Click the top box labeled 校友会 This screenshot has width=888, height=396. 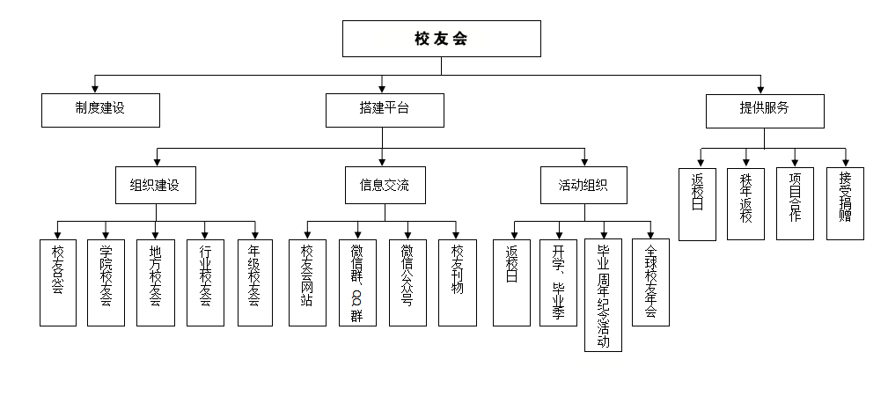(441, 39)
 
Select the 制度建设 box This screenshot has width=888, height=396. (100, 110)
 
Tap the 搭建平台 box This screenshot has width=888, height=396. (385, 110)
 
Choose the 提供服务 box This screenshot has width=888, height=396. (765, 110)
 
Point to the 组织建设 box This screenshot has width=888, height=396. (156, 186)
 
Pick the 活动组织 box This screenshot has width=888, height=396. (583, 186)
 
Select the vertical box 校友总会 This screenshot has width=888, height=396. (58, 282)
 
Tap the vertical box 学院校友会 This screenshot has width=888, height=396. (106, 282)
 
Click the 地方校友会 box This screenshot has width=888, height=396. (156, 282)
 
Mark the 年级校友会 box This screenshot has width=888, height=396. (255, 282)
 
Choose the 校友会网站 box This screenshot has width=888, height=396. (307, 282)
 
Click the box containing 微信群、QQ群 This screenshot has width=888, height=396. (357, 282)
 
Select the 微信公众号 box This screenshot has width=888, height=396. (407, 282)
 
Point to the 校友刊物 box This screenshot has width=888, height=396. (458, 282)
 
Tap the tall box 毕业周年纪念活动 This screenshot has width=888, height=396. (603, 295)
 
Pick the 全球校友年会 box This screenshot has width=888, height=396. (650, 282)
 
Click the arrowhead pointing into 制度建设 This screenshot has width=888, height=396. (95, 88)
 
